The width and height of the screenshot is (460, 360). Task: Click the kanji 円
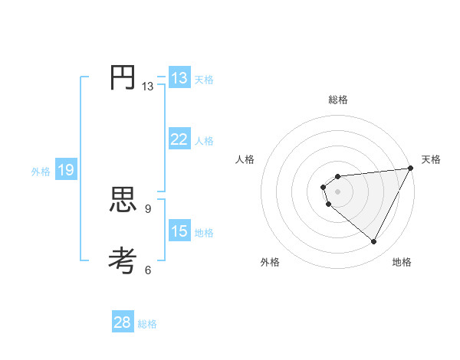point(123,77)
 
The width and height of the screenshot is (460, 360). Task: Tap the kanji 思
point(123,201)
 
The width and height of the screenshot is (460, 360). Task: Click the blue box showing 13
point(179,78)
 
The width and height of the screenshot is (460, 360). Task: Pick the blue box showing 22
point(179,139)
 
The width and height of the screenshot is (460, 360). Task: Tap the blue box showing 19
point(66,170)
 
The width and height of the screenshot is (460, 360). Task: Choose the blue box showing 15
point(179,231)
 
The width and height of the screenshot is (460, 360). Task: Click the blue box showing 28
point(123,322)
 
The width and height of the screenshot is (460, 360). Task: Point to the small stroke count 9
point(148,208)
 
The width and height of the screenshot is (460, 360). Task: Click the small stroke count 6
point(148,270)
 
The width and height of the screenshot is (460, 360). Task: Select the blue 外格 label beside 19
point(41,172)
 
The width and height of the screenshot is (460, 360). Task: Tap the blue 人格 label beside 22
point(204,141)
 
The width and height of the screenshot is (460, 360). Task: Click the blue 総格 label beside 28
point(147,324)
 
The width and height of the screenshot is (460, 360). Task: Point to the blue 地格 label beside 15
point(204,233)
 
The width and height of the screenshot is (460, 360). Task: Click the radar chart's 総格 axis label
point(338,100)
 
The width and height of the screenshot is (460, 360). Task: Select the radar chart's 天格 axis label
point(431,159)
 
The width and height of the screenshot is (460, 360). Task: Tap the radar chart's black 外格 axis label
point(270,262)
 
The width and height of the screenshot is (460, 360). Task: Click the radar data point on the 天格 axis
point(411,169)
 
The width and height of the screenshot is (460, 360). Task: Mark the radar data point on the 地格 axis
point(374,242)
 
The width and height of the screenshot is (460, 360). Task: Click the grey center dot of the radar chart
point(338,192)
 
